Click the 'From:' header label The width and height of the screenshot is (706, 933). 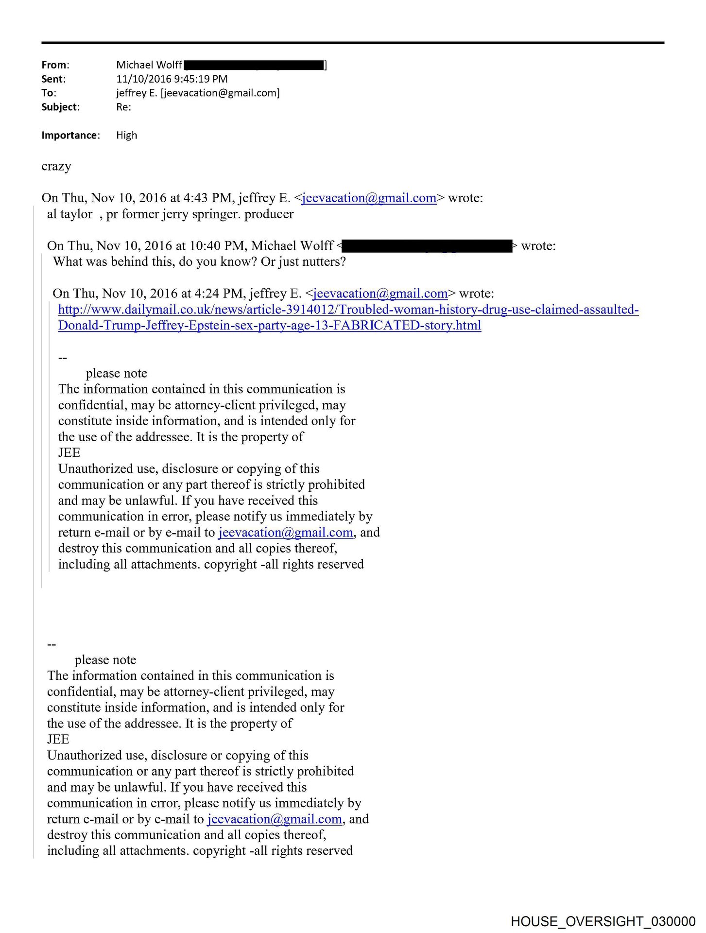[55, 65]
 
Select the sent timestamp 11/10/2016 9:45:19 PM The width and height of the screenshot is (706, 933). [172, 79]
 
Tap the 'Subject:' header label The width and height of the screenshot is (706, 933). [60, 107]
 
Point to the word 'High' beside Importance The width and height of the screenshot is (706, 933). [126, 136]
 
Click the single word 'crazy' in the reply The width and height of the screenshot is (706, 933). [56, 166]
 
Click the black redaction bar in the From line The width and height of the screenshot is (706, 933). [254, 65]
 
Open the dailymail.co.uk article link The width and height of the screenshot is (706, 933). [348, 310]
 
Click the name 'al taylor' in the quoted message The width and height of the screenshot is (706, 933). [69, 214]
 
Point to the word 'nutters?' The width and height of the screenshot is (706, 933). [322, 262]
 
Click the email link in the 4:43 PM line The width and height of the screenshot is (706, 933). [369, 198]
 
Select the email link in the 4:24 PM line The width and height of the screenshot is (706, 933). [380, 294]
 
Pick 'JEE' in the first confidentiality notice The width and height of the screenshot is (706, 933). [69, 453]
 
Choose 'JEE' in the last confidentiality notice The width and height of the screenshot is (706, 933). [58, 740]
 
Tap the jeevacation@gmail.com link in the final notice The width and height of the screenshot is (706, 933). [275, 819]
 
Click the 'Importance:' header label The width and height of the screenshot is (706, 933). [70, 136]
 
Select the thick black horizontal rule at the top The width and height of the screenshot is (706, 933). [353, 43]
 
